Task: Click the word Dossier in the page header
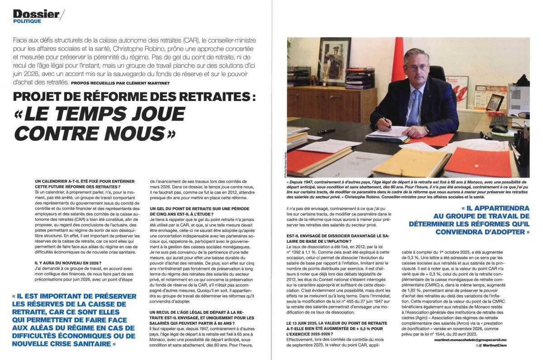click(36, 14)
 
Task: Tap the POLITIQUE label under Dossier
click(27, 21)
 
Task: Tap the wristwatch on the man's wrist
click(427, 129)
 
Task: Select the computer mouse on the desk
click(500, 129)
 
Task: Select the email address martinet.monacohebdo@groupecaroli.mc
click(482, 339)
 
